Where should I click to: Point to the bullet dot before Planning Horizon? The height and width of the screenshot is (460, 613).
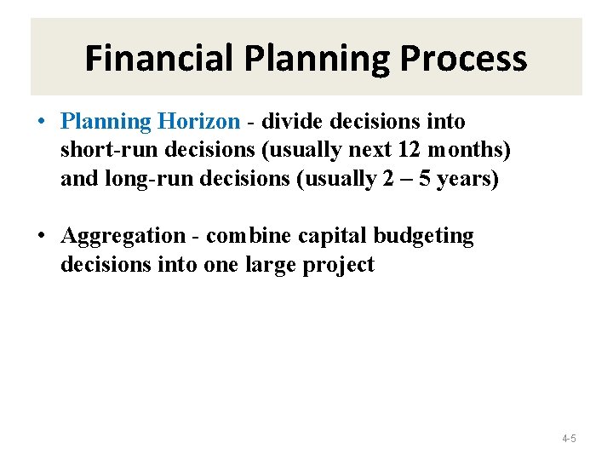(41, 122)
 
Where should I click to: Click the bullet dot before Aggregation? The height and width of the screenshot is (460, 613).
(41, 236)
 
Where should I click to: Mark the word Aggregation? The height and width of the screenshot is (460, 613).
(123, 236)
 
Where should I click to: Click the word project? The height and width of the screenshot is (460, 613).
(341, 265)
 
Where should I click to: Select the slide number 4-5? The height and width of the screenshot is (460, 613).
(569, 439)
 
